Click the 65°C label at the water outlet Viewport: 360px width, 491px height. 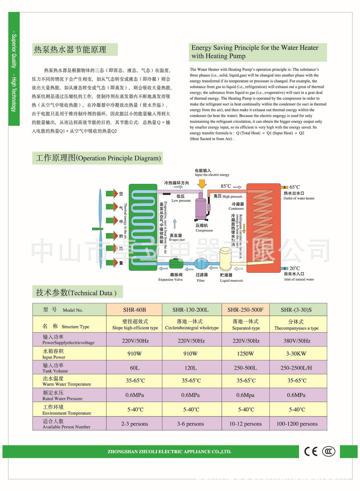click(x=294, y=187)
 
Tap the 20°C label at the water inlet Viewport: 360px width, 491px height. click(x=294, y=268)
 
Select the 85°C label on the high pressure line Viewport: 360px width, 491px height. click(x=226, y=186)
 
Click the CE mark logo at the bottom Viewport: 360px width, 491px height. click(x=311, y=452)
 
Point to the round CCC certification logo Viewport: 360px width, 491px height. click(x=328, y=452)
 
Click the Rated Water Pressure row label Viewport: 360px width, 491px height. click(x=62, y=395)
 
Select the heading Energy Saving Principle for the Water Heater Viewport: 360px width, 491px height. click(x=254, y=52)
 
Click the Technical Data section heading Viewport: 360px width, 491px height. click(x=76, y=292)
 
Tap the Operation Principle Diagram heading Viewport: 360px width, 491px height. click(x=98, y=157)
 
